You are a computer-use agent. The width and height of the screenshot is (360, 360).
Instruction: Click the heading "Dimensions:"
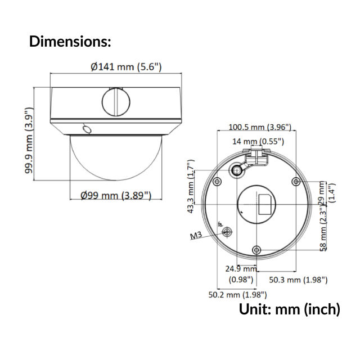click(x=70, y=41)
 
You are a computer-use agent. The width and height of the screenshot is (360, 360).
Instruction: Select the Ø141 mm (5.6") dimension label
click(x=126, y=67)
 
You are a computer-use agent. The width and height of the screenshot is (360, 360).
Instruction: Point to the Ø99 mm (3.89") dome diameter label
click(x=115, y=195)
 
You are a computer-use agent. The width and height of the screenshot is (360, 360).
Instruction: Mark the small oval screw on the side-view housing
click(x=86, y=129)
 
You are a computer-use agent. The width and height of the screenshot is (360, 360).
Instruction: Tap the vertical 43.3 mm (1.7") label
click(x=192, y=187)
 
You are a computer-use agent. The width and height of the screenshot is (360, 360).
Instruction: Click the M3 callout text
click(x=196, y=235)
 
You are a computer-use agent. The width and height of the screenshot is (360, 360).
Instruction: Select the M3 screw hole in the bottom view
click(x=227, y=232)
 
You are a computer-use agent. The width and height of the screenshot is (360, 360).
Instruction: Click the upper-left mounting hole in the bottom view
click(x=217, y=181)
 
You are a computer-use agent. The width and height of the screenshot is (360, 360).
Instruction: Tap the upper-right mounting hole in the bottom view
click(x=296, y=181)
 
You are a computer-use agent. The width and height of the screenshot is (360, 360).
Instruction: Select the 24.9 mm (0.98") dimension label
click(x=241, y=273)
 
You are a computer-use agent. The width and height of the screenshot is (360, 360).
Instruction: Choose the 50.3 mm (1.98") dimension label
click(x=298, y=280)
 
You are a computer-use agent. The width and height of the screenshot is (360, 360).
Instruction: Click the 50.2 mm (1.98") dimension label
click(x=237, y=294)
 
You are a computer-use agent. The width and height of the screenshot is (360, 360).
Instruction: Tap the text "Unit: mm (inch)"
click(x=289, y=309)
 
